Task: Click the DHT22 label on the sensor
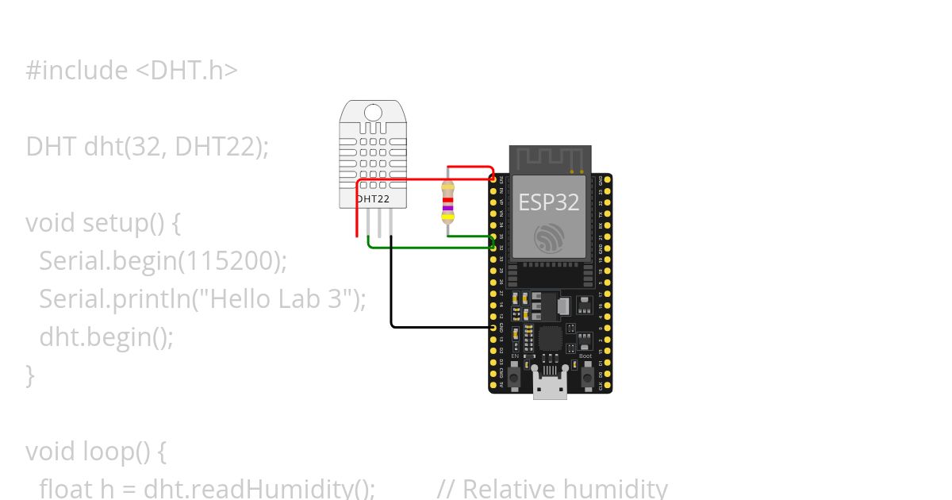point(372,198)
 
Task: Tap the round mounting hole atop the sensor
point(373,112)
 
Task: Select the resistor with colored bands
point(448,202)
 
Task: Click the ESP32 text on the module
point(549,202)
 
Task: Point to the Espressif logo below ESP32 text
point(549,237)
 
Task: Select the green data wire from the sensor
point(428,247)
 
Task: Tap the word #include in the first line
point(76,71)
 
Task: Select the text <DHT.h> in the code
point(186,71)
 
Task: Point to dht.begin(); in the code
point(106,337)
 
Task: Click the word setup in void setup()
point(114,223)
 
